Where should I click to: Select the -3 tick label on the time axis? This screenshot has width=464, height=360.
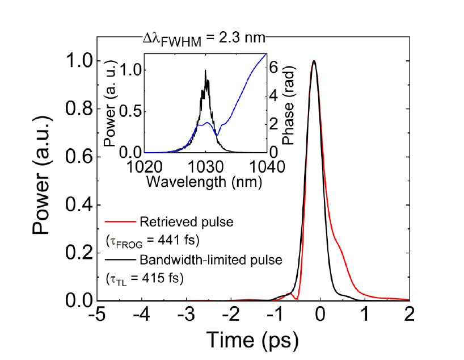click(188, 313)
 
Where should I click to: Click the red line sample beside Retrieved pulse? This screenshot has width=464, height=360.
click(119, 221)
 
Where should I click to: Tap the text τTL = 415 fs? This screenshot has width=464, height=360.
click(139, 279)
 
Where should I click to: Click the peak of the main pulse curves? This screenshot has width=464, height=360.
click(314, 61)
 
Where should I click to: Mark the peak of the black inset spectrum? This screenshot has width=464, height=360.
click(206, 70)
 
